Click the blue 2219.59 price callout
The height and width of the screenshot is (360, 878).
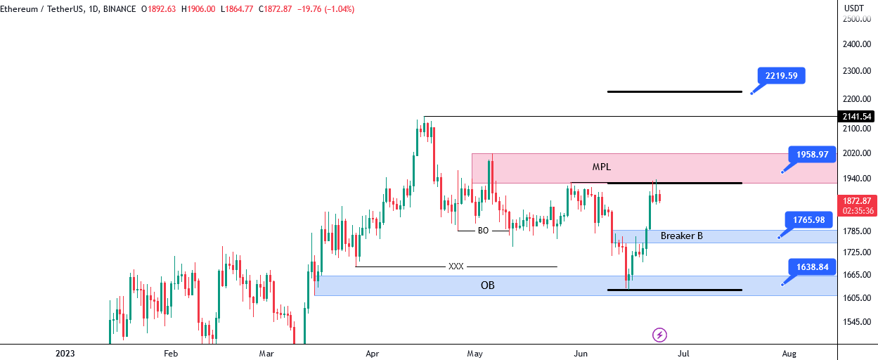click(x=781, y=76)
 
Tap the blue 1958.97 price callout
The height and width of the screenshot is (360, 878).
click(x=812, y=155)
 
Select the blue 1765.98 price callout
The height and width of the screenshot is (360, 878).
click(x=808, y=220)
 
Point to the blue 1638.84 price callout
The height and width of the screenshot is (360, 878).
click(x=812, y=267)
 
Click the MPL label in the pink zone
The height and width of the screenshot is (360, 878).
click(x=601, y=167)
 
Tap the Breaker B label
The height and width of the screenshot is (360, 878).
click(x=682, y=236)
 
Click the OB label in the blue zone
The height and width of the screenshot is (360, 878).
click(x=488, y=285)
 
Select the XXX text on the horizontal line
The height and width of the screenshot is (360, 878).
click(x=456, y=266)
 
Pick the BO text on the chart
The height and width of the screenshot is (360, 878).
click(x=484, y=231)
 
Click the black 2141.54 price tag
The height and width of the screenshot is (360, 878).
click(x=857, y=117)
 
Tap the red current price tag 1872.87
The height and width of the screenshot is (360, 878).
click(x=857, y=205)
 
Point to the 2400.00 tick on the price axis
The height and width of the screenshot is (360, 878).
click(x=857, y=44)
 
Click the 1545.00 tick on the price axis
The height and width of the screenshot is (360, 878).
click(x=857, y=321)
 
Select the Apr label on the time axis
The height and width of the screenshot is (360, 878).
click(x=373, y=354)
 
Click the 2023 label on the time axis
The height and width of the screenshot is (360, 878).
click(x=65, y=354)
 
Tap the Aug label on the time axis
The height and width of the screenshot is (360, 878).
click(x=789, y=354)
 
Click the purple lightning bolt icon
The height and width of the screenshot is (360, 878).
click(x=659, y=335)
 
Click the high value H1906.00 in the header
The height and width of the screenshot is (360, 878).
click(x=198, y=9)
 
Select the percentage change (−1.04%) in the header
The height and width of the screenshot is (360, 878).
click(x=339, y=9)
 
